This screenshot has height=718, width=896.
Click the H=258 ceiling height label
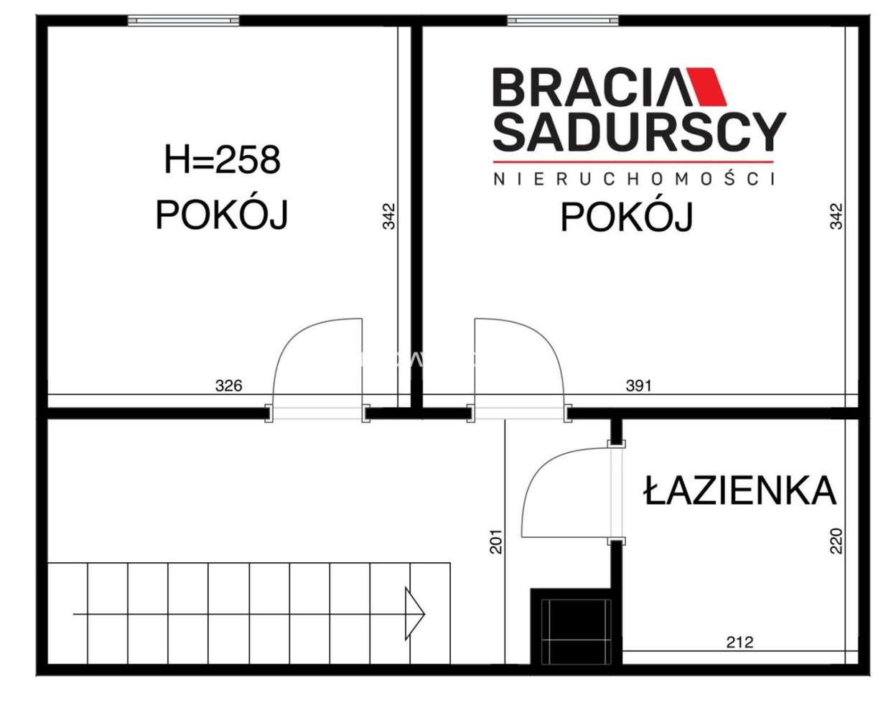pos(222,159)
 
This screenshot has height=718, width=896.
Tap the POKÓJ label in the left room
pos(222,214)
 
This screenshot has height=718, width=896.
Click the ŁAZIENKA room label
pos(740,491)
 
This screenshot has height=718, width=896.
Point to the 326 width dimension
pos(229,386)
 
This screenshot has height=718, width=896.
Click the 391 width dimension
pos(638,386)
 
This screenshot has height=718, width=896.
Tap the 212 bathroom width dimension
pos(739,642)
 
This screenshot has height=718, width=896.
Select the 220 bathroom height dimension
pos(836,541)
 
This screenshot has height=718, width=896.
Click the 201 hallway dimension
pos(496,541)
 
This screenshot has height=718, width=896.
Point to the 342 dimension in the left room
pos(388,216)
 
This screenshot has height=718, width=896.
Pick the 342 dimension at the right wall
pos(836,216)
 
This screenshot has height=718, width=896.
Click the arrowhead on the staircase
pos(415,614)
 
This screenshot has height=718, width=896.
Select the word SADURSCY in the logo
pos(639,132)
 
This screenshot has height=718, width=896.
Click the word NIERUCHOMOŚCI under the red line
pos(634,179)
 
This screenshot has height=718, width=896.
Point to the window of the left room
pos(184,21)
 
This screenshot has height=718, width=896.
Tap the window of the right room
pos(563,21)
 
